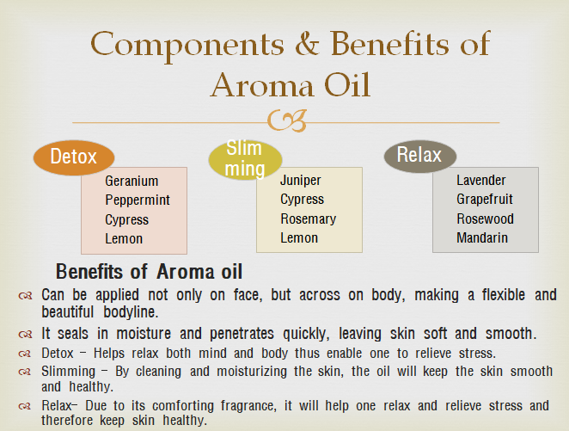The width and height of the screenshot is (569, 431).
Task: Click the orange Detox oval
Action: pyautogui.click(x=74, y=157)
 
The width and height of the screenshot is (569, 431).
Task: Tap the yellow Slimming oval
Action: pyautogui.click(x=245, y=160)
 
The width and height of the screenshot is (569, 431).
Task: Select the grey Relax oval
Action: pyautogui.click(x=420, y=156)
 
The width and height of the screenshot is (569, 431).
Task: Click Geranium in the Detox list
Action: pyautogui.click(x=132, y=181)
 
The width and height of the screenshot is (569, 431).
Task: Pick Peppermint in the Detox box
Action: pyautogui.click(x=138, y=200)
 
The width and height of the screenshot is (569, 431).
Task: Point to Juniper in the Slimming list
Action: pyautogui.click(x=301, y=181)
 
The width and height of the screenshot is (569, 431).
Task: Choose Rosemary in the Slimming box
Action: pyautogui.click(x=308, y=219)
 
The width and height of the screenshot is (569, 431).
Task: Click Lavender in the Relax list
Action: pyautogui.click(x=480, y=180)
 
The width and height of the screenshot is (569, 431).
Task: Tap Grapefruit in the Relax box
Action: pyautogui.click(x=485, y=200)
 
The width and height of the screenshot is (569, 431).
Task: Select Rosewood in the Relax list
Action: pyautogui.click(x=485, y=219)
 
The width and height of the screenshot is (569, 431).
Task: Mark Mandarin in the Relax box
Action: pyautogui.click(x=482, y=237)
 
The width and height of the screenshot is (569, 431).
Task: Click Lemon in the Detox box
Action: pyautogui.click(x=124, y=239)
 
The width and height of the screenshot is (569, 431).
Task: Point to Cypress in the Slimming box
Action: pyautogui.click(x=302, y=200)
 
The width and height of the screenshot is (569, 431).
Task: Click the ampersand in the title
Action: pyautogui.click(x=308, y=44)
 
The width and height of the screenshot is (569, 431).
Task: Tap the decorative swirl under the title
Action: pyautogui.click(x=287, y=120)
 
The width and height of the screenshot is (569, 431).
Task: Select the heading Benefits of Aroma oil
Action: pyautogui.click(x=149, y=272)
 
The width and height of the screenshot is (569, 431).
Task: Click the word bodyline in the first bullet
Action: pyautogui.click(x=131, y=312)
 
